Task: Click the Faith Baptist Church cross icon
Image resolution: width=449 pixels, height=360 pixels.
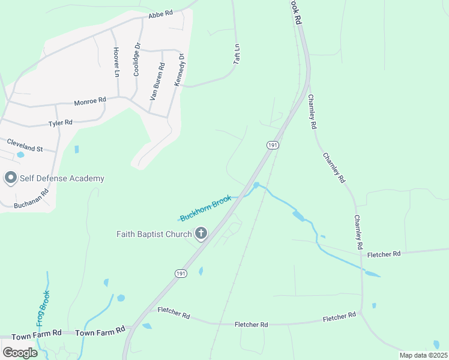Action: coord(201,233)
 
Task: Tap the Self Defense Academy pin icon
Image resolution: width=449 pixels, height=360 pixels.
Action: coord(10,178)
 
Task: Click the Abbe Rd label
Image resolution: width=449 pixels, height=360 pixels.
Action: coord(160,14)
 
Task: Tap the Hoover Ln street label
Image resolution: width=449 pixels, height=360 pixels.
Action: coord(116,62)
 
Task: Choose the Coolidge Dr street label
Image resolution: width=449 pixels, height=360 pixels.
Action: coord(137,58)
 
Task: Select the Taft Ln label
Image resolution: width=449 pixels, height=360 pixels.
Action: coord(237,54)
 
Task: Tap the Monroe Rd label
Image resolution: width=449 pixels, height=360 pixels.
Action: coord(90,101)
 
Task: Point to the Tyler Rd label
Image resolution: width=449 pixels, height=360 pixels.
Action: coord(60,122)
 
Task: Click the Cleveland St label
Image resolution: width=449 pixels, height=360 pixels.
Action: coord(25,144)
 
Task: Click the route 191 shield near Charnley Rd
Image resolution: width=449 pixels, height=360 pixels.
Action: coord(273,145)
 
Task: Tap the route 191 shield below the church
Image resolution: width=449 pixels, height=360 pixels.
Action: coord(181,273)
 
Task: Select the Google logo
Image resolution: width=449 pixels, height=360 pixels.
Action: coord(19,353)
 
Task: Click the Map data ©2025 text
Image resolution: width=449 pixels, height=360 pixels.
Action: coord(423,355)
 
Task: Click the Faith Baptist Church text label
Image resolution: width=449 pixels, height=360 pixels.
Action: coord(154,234)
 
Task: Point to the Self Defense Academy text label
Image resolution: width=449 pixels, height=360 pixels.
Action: coord(62,178)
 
